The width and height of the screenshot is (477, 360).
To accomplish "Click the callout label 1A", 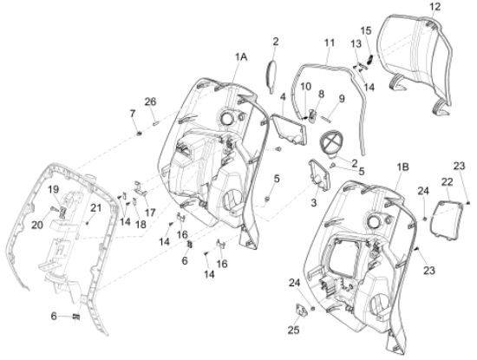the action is (x=240, y=57).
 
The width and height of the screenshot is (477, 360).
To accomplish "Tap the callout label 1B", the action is (x=402, y=167).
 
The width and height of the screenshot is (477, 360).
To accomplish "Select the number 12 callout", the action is (x=435, y=7).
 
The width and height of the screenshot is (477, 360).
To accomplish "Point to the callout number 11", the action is (x=330, y=43).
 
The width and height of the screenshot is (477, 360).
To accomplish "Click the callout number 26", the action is (x=150, y=101).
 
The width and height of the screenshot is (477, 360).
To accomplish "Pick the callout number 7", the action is (x=133, y=114).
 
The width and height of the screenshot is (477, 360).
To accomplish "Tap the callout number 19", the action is (x=54, y=190).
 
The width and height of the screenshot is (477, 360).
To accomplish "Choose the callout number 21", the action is (x=95, y=208).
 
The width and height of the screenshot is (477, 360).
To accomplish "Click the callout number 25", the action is (x=293, y=330).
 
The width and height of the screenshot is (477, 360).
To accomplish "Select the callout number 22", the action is (x=447, y=182).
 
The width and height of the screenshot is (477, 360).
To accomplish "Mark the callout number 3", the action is (x=314, y=203).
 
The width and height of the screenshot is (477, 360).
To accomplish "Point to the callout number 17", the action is (x=150, y=213).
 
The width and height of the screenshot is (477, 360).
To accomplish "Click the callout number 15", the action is (x=366, y=30).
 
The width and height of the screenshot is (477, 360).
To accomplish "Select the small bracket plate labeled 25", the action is (x=301, y=310).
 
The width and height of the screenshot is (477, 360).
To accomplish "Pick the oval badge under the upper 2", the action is (x=271, y=76).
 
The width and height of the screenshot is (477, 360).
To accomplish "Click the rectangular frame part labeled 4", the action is (x=290, y=128).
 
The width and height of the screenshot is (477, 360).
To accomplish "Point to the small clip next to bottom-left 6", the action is (x=76, y=317).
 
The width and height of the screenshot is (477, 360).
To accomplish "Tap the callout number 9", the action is (x=342, y=99).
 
